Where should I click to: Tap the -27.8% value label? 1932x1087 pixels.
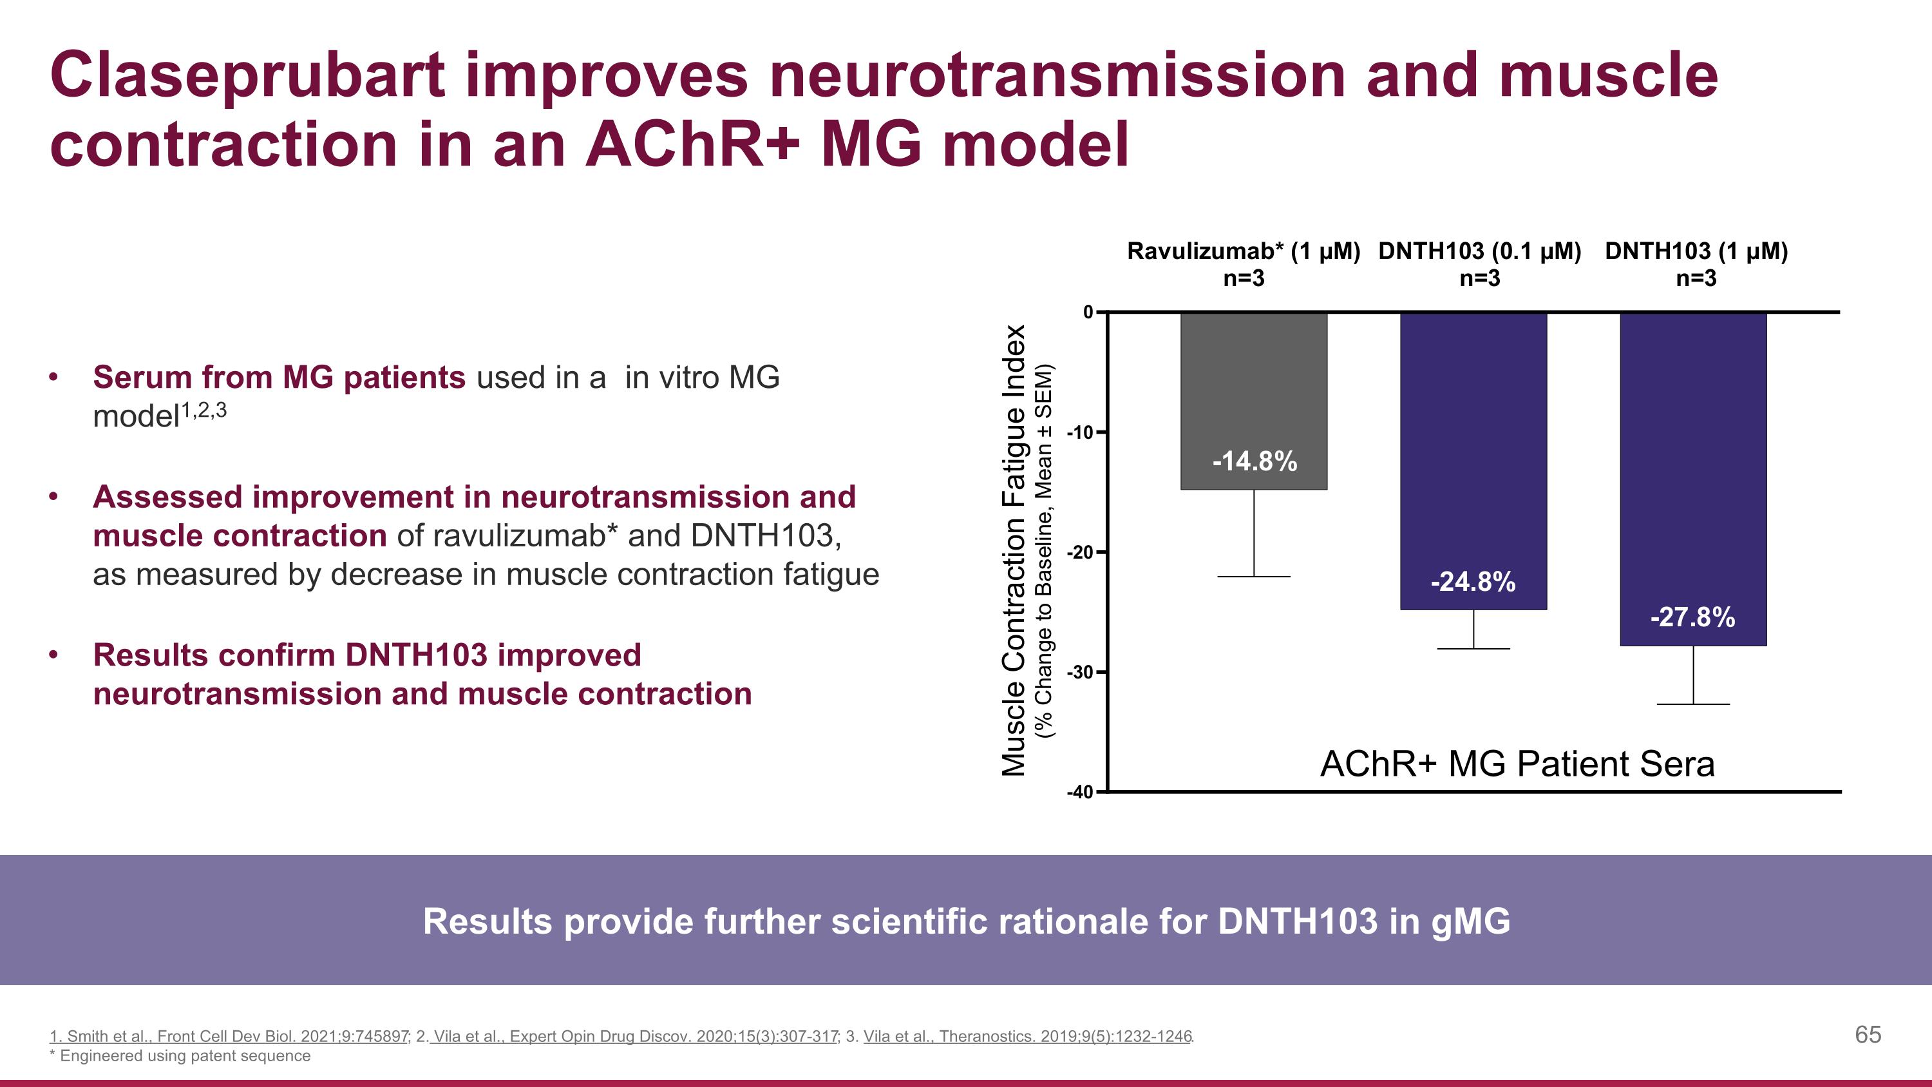(1692, 617)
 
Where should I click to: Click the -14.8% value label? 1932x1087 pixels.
(1254, 461)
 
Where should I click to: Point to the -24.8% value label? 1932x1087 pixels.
(1473, 582)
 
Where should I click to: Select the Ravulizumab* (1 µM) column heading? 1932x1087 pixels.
(1244, 251)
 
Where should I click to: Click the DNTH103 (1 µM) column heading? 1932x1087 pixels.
(1696, 251)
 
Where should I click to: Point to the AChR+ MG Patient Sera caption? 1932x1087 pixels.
(1517, 764)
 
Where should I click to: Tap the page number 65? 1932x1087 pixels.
(1868, 1035)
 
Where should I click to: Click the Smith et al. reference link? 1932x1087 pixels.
(229, 1036)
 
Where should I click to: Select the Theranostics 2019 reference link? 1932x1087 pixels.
(1027, 1036)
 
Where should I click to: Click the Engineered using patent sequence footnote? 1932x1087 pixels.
(184, 1055)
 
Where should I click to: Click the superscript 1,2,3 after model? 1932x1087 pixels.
(204, 410)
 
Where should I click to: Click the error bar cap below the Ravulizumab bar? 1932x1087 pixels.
(1253, 576)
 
